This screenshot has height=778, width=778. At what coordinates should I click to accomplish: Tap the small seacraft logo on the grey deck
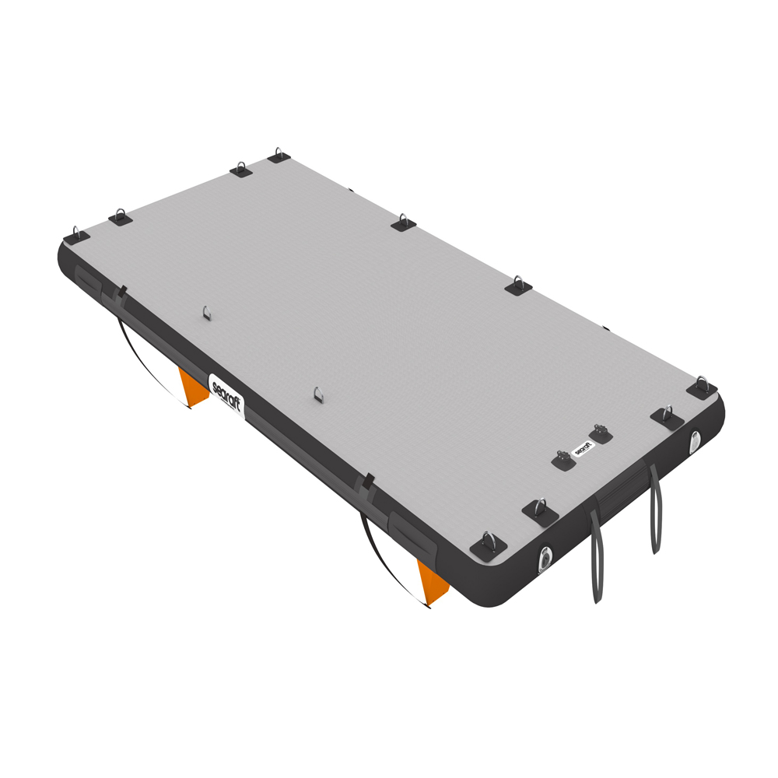tap(583, 448)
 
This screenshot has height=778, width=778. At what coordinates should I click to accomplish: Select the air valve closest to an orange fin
tap(547, 558)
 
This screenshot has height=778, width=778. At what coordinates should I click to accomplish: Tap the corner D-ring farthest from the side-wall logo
tap(703, 387)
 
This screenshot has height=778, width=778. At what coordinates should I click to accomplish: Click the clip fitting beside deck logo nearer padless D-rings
tap(563, 460)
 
